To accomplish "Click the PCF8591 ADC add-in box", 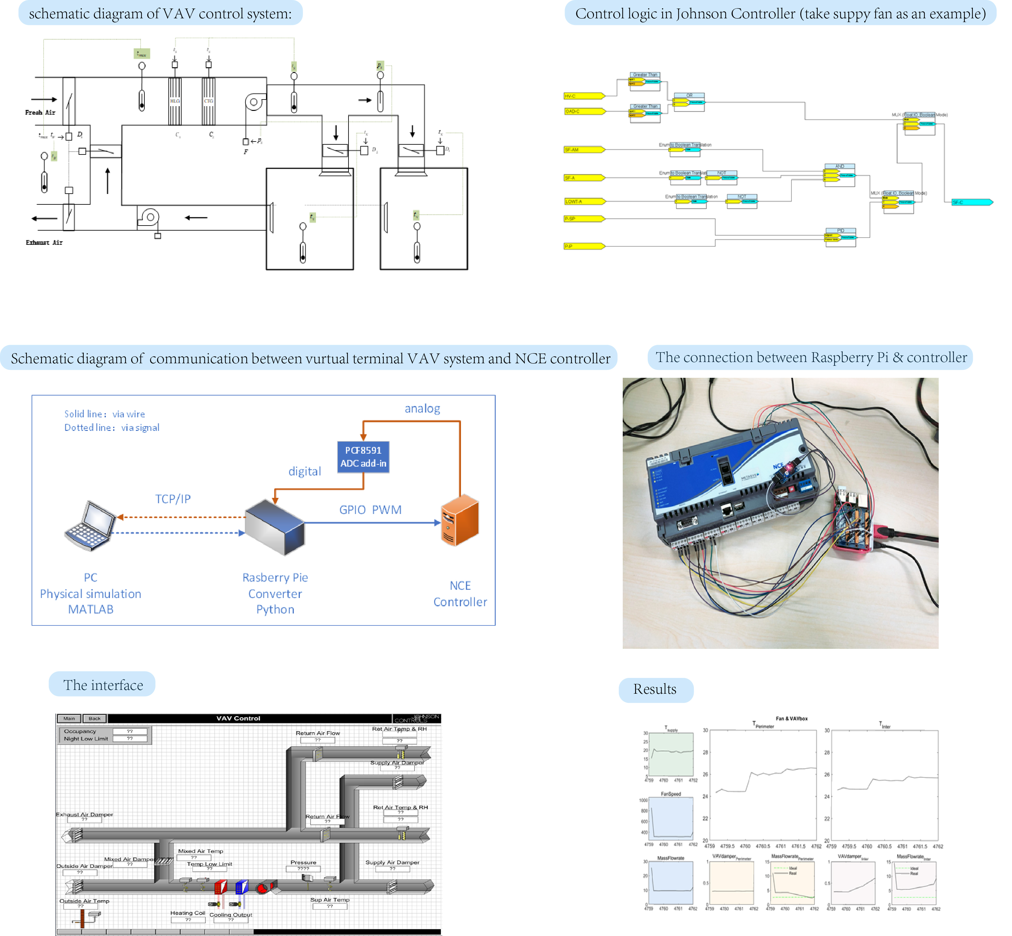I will (363, 456).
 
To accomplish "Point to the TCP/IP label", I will (173, 499).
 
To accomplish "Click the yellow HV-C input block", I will (584, 96).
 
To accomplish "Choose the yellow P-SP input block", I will (584, 219).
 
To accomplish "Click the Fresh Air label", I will (40, 112).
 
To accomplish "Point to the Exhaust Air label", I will (44, 243).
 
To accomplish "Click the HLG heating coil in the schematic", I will (175, 101).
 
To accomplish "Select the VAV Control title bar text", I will (238, 718).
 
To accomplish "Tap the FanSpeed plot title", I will (671, 794).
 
